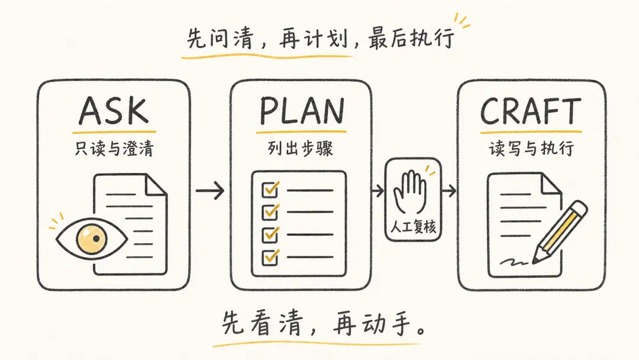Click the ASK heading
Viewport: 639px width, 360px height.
click(x=114, y=111)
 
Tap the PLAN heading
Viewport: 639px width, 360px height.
click(x=302, y=111)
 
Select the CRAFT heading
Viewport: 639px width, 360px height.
click(x=531, y=111)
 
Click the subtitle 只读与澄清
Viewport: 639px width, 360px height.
click(x=114, y=149)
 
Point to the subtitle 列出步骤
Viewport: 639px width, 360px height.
click(x=301, y=149)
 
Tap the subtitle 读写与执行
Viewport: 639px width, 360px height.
click(x=531, y=149)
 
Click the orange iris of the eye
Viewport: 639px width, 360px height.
click(x=92, y=239)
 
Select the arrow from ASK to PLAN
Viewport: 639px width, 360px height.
click(x=210, y=191)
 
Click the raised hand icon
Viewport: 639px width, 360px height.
click(x=410, y=192)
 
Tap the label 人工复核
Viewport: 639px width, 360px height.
click(x=413, y=226)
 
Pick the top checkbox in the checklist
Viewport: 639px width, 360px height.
click(x=270, y=189)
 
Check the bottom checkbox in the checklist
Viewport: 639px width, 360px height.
click(x=270, y=257)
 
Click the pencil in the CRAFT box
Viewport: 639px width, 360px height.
click(x=560, y=232)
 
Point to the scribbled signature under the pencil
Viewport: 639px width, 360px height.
click(x=514, y=261)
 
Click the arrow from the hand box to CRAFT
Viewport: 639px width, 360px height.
click(x=449, y=191)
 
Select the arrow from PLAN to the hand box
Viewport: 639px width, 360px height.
click(x=377, y=191)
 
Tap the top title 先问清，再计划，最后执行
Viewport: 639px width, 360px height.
click(x=321, y=39)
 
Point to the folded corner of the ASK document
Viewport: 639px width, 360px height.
click(x=156, y=184)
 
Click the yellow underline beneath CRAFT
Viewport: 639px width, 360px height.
click(x=531, y=132)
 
